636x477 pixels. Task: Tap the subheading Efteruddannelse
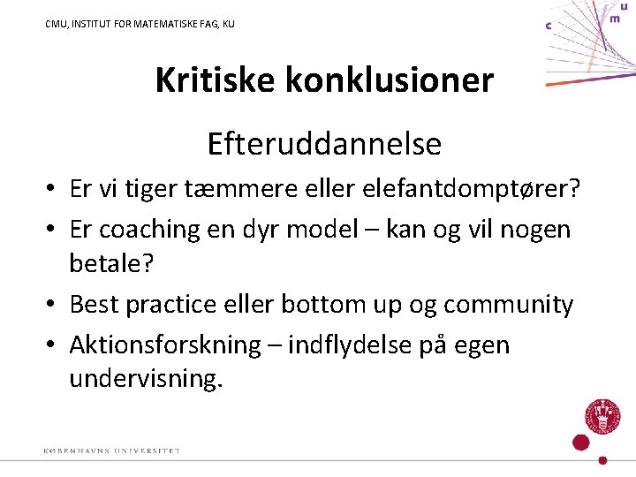pyautogui.click(x=324, y=143)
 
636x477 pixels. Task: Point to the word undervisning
pyautogui.click(x=147, y=380)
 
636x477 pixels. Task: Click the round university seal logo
pyautogui.click(x=600, y=416)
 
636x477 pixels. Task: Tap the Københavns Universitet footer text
pyautogui.click(x=112, y=451)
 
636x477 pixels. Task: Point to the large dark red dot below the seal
pyautogui.click(x=580, y=443)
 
